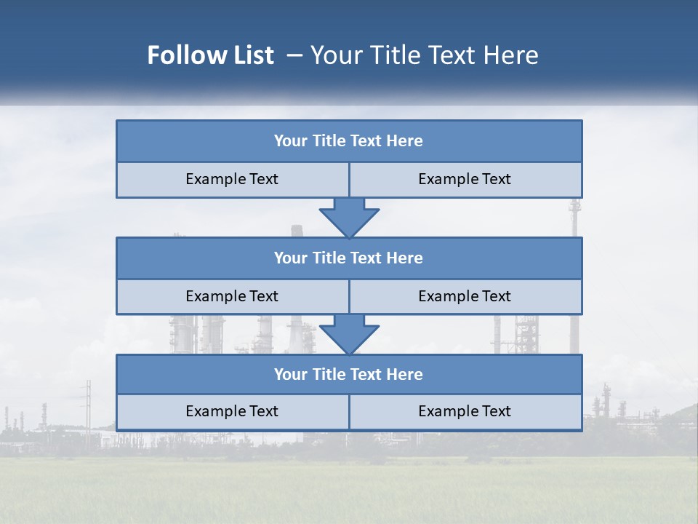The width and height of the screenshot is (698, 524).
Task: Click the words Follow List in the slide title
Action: click(x=211, y=55)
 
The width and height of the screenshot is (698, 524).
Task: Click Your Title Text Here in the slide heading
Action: click(x=425, y=55)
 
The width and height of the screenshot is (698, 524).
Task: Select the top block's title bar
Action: click(x=349, y=141)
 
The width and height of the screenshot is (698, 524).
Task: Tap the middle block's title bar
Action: click(x=349, y=258)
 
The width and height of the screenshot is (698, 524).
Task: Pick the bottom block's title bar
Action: click(x=349, y=375)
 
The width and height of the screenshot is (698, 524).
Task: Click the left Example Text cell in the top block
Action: click(x=232, y=180)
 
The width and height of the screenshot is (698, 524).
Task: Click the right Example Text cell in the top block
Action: click(x=465, y=180)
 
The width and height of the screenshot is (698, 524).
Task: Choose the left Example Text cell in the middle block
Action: click(x=232, y=297)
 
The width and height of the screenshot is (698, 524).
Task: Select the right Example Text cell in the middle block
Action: click(x=465, y=297)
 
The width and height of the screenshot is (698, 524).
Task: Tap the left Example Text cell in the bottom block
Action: click(x=232, y=412)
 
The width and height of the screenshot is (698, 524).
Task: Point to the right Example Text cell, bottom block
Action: click(x=465, y=412)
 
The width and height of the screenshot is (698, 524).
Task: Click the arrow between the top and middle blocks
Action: click(x=349, y=217)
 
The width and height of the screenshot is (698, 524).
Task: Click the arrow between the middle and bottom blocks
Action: click(x=349, y=334)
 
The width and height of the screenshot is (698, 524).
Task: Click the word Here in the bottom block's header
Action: click(x=405, y=375)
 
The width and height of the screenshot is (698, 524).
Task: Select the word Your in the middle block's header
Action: click(x=290, y=258)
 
